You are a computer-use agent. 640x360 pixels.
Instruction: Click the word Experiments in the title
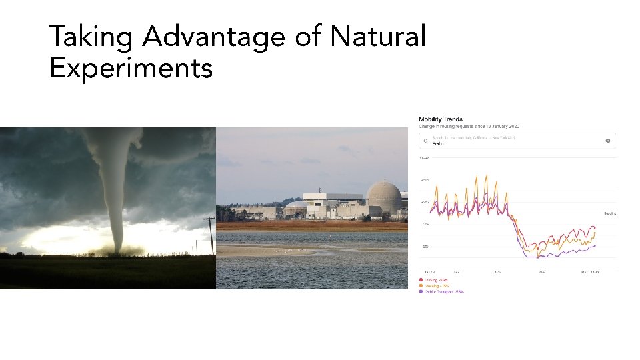131,68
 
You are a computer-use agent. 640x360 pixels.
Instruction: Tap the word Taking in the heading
91,37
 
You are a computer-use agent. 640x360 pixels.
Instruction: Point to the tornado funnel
119,187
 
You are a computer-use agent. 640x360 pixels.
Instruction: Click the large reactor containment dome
384,197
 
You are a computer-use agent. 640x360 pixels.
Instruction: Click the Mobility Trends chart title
441,119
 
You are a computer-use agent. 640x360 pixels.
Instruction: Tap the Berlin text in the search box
438,143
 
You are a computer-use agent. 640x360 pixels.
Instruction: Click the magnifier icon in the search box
425,141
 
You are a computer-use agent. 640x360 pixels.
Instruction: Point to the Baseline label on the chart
609,213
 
